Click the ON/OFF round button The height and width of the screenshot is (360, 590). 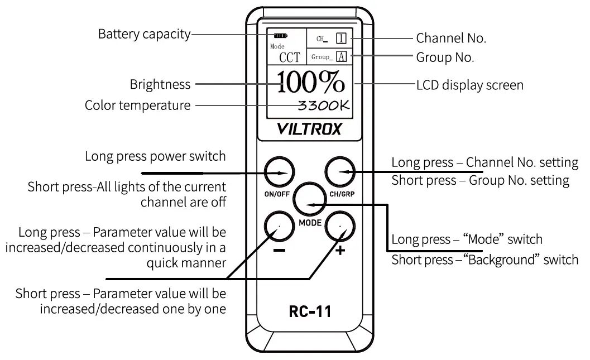tap(279, 172)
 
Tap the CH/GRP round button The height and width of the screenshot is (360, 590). tap(340, 172)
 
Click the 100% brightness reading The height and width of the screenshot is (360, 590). tap(311, 83)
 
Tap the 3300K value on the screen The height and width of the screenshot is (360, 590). tap(324, 105)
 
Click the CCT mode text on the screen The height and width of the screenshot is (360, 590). tap(289, 57)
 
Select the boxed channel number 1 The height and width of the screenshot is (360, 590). tap(341, 39)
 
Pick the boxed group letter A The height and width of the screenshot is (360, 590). tap(341, 57)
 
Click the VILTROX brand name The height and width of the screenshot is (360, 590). tap(309, 129)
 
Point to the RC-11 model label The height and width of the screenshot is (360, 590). tap(310, 311)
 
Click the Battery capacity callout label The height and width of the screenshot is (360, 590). tap(144, 34)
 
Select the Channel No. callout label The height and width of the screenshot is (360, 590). tap(451, 39)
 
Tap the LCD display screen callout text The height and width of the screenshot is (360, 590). tap(469, 85)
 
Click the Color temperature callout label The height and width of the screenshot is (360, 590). tap(137, 105)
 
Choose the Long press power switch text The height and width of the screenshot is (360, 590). tap(155, 156)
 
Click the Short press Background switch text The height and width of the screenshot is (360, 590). tap(485, 260)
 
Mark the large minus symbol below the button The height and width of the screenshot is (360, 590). tap(280, 250)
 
